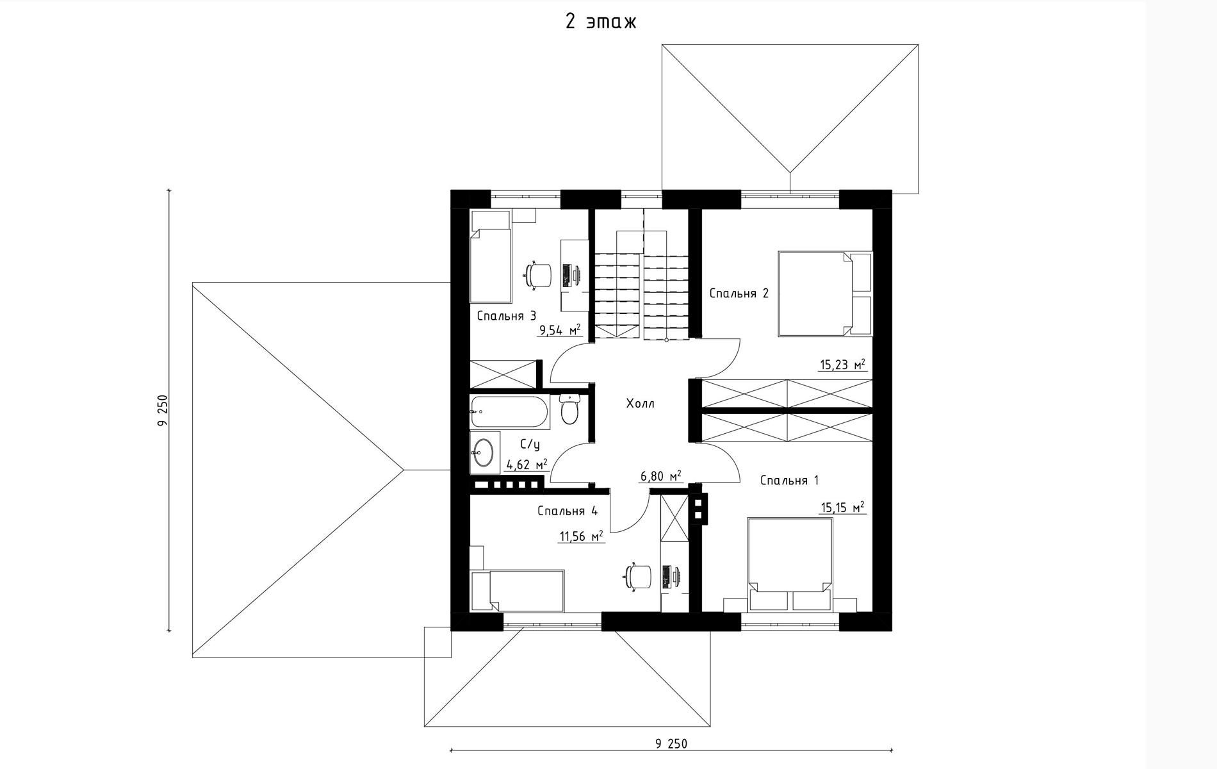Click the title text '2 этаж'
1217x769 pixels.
pyautogui.click(x=601, y=22)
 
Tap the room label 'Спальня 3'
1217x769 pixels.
pyautogui.click(x=507, y=316)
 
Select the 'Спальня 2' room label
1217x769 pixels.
pyautogui.click(x=739, y=294)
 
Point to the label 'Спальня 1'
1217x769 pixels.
pyautogui.click(x=789, y=481)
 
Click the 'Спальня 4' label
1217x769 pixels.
pyautogui.click(x=568, y=511)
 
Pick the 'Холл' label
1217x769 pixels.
pyautogui.click(x=641, y=404)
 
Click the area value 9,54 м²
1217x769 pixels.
pyautogui.click(x=560, y=330)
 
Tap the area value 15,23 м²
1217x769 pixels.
pyautogui.click(x=843, y=365)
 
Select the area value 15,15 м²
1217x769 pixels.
pyautogui.click(x=843, y=508)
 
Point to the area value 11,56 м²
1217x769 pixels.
pyautogui.click(x=582, y=536)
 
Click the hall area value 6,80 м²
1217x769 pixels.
pyautogui.click(x=660, y=476)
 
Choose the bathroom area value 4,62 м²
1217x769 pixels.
pyautogui.click(x=527, y=465)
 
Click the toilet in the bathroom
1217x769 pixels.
pyautogui.click(x=569, y=409)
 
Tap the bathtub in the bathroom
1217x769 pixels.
pyautogui.click(x=510, y=412)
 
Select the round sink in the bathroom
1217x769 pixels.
pyautogui.click(x=484, y=452)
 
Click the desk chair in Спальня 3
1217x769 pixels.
pyautogui.click(x=537, y=276)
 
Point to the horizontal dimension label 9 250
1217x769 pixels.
pyautogui.click(x=671, y=744)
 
